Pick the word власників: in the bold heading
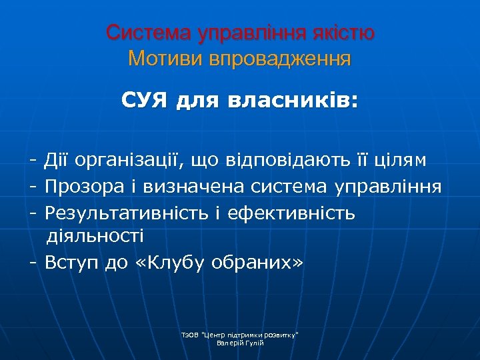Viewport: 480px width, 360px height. [x=293, y=101]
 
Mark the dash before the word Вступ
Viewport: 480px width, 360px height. [x=32, y=263]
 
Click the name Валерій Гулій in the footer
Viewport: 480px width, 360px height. [x=240, y=343]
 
